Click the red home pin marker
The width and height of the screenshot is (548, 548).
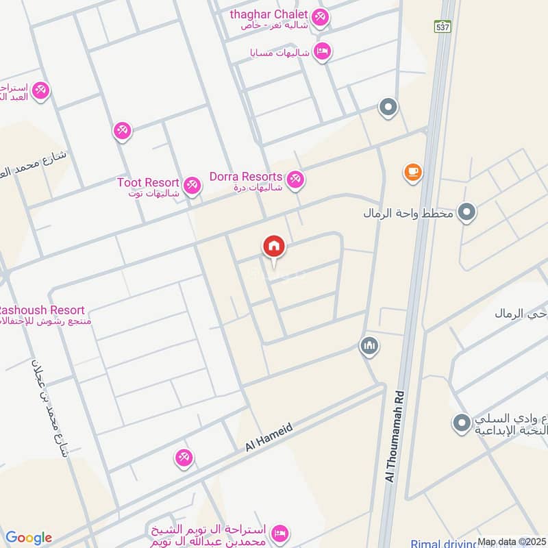click(x=274, y=247)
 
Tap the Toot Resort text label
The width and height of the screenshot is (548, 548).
click(x=148, y=183)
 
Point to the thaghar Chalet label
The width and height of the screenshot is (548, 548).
click(x=273, y=15)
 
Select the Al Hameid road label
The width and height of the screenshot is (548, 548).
click(x=269, y=437)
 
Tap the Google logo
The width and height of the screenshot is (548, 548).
click(x=28, y=538)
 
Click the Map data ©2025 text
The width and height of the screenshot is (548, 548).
click(x=511, y=542)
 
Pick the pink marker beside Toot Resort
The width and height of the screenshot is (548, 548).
click(x=192, y=185)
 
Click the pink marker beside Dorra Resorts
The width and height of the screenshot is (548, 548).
click(x=295, y=179)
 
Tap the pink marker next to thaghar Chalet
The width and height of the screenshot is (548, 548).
click(x=320, y=17)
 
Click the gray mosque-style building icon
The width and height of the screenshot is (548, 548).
click(x=369, y=346)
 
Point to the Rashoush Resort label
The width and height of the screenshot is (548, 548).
click(x=42, y=310)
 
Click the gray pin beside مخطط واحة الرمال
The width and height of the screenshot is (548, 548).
click(x=467, y=213)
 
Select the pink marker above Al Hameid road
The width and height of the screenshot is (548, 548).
click(x=183, y=458)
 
